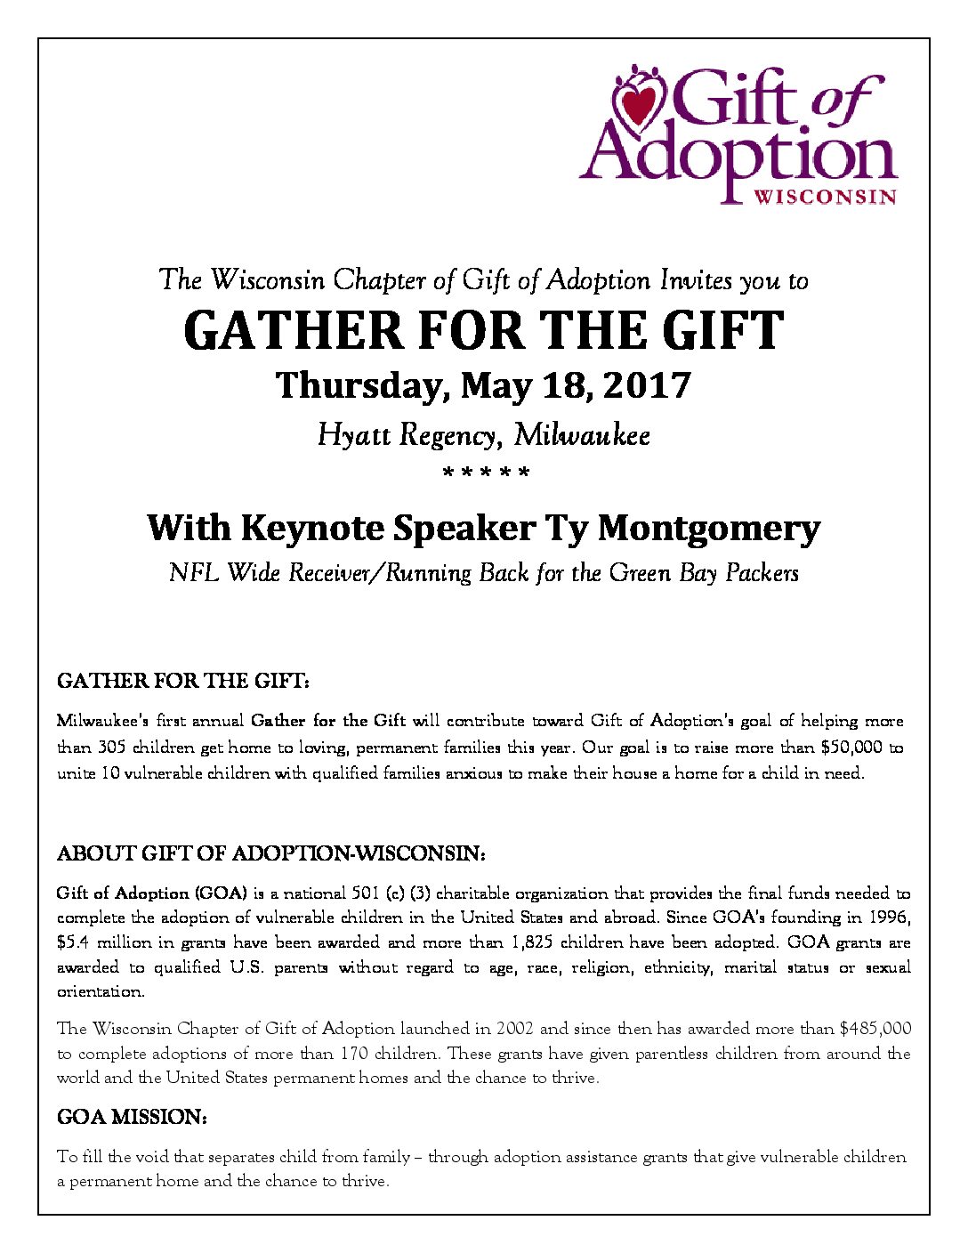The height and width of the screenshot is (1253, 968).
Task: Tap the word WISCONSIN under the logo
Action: click(825, 197)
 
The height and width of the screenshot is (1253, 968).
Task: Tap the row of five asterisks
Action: click(486, 473)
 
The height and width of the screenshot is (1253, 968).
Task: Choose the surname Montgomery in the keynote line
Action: click(708, 528)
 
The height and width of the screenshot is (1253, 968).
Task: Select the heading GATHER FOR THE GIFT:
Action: click(183, 681)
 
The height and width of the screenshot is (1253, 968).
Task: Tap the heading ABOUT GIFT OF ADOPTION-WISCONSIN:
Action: click(270, 853)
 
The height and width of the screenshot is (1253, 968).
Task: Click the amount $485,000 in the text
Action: click(875, 1029)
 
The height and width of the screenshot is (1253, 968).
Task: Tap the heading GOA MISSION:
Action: click(132, 1117)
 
